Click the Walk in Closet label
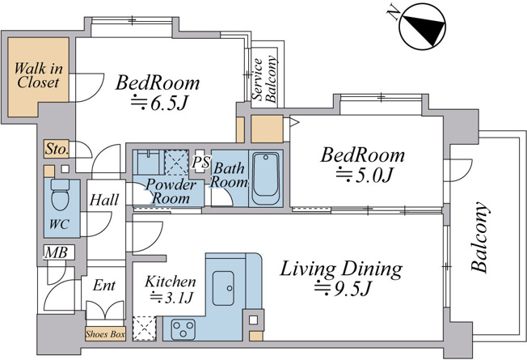coord(38,75)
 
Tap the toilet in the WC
coord(60,195)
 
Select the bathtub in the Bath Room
coord(265,178)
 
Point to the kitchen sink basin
coord(223,288)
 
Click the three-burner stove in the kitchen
coord(183,328)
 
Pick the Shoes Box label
coord(105,334)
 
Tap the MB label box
coord(57,252)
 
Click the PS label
coord(201,162)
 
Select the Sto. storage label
coord(57,148)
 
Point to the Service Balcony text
coord(265,78)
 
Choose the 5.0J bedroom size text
coord(365,174)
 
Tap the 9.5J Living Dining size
coord(343,288)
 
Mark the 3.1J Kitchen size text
coord(171,297)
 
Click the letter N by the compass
coord(394,14)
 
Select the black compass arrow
coord(425,26)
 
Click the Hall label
coord(104,200)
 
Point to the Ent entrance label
coord(104,285)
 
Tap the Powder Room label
coord(171,191)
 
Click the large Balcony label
coord(479,237)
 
